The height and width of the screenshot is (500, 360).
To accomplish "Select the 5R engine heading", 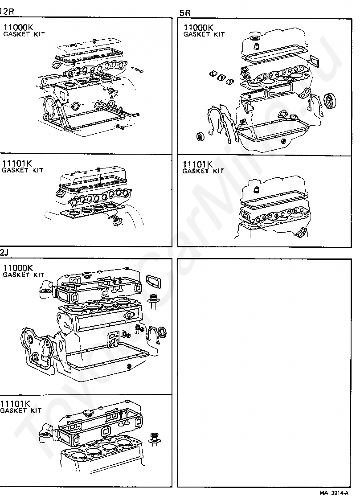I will click(x=185, y=12).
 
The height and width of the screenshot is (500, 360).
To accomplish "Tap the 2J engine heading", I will click(x=4, y=252).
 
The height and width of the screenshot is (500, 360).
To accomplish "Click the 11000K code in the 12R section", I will click(x=18, y=27).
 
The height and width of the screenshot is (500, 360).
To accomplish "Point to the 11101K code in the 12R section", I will click(x=16, y=163).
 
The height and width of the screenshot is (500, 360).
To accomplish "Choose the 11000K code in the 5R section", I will click(x=199, y=27).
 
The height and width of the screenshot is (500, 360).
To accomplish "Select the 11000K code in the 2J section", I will click(x=18, y=268).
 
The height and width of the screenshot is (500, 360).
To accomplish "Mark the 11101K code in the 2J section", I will click(x=15, y=404).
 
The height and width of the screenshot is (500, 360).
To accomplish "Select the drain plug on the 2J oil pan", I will click(x=129, y=366).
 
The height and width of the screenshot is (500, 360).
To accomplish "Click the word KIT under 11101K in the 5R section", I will click(x=218, y=171).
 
